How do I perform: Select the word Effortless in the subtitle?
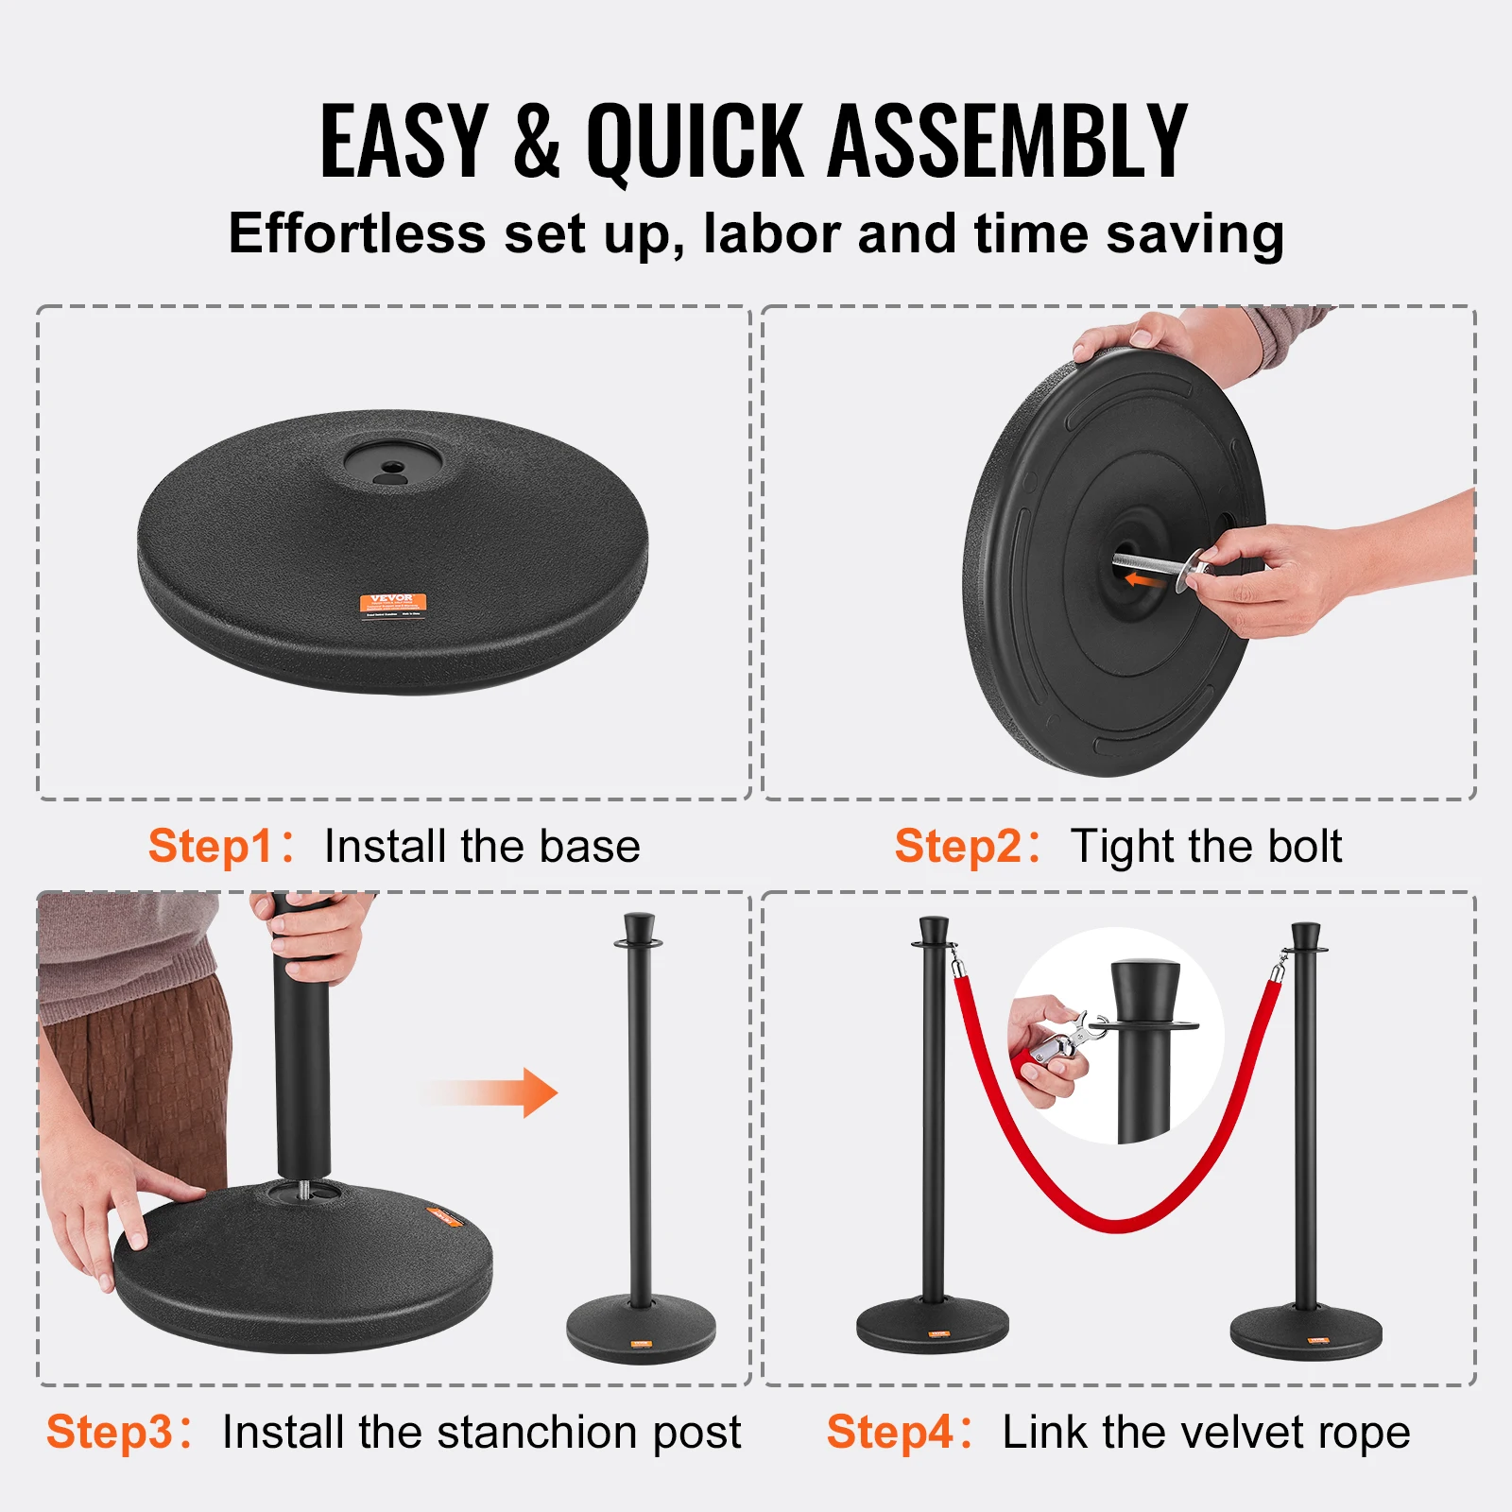[356, 233]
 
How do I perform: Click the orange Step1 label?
[210, 846]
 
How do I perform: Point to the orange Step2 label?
[956, 846]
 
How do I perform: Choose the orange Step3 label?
[109, 1432]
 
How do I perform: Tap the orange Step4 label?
[889, 1432]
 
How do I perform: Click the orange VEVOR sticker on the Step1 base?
[392, 602]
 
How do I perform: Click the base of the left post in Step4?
[933, 1325]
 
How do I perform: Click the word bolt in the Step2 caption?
[1304, 846]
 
